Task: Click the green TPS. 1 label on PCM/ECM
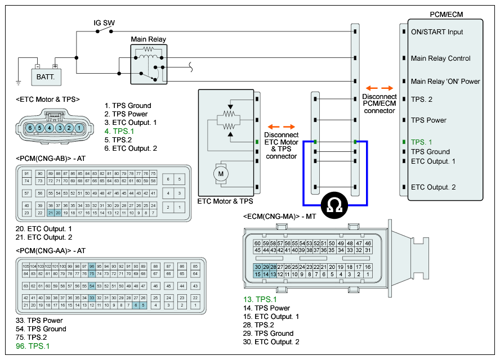[422, 142]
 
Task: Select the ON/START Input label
[437, 32]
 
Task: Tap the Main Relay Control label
[440, 58]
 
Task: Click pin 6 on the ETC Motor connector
[31, 128]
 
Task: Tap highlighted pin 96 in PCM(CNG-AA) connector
[91, 266]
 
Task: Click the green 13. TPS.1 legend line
[261, 300]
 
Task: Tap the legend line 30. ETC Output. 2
[271, 342]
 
